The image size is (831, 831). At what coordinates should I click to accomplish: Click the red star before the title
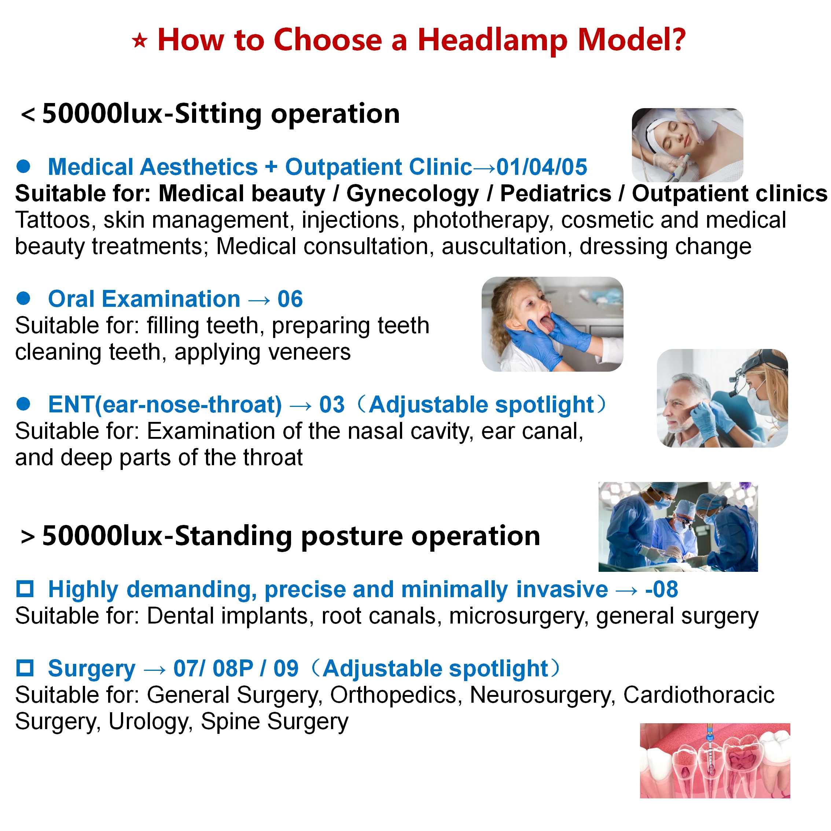point(139,41)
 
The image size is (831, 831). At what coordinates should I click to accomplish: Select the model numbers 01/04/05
point(541,167)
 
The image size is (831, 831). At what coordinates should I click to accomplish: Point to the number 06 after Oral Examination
point(290,299)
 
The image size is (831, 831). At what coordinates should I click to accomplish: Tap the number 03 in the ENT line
point(332,405)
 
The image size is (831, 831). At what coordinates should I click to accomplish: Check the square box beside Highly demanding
point(25,589)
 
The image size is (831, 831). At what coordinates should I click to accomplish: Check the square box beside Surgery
point(25,668)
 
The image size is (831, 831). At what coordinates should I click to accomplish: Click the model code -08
point(662,589)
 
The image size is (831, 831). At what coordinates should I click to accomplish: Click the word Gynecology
point(412,194)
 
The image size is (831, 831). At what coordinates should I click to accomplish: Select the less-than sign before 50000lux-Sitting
point(28,115)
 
